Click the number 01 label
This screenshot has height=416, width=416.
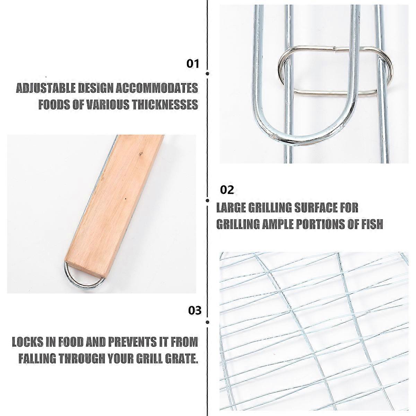(x=192, y=64)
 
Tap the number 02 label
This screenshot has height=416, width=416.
(x=227, y=190)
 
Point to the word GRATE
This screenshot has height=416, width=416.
(x=181, y=358)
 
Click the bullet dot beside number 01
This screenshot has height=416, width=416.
(x=208, y=73)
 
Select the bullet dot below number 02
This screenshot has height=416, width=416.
(x=208, y=201)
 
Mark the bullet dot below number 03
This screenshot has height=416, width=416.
(x=208, y=328)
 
